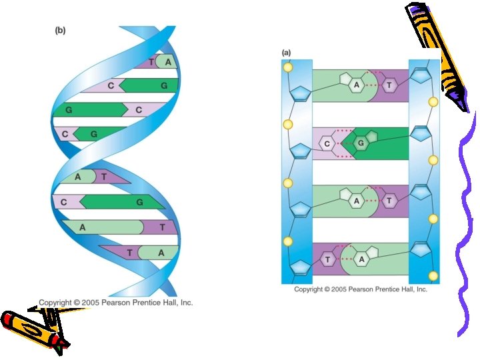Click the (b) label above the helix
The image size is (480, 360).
click(60, 30)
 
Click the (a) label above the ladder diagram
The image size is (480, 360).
click(286, 52)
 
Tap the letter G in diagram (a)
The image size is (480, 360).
click(361, 143)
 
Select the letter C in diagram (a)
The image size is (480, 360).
click(327, 143)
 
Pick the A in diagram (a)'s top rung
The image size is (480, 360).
click(357, 85)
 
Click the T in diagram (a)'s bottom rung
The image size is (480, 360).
click(327, 259)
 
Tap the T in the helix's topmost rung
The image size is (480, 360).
click(151, 63)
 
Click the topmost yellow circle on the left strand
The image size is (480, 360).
click(288, 67)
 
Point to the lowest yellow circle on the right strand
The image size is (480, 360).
click(433, 275)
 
